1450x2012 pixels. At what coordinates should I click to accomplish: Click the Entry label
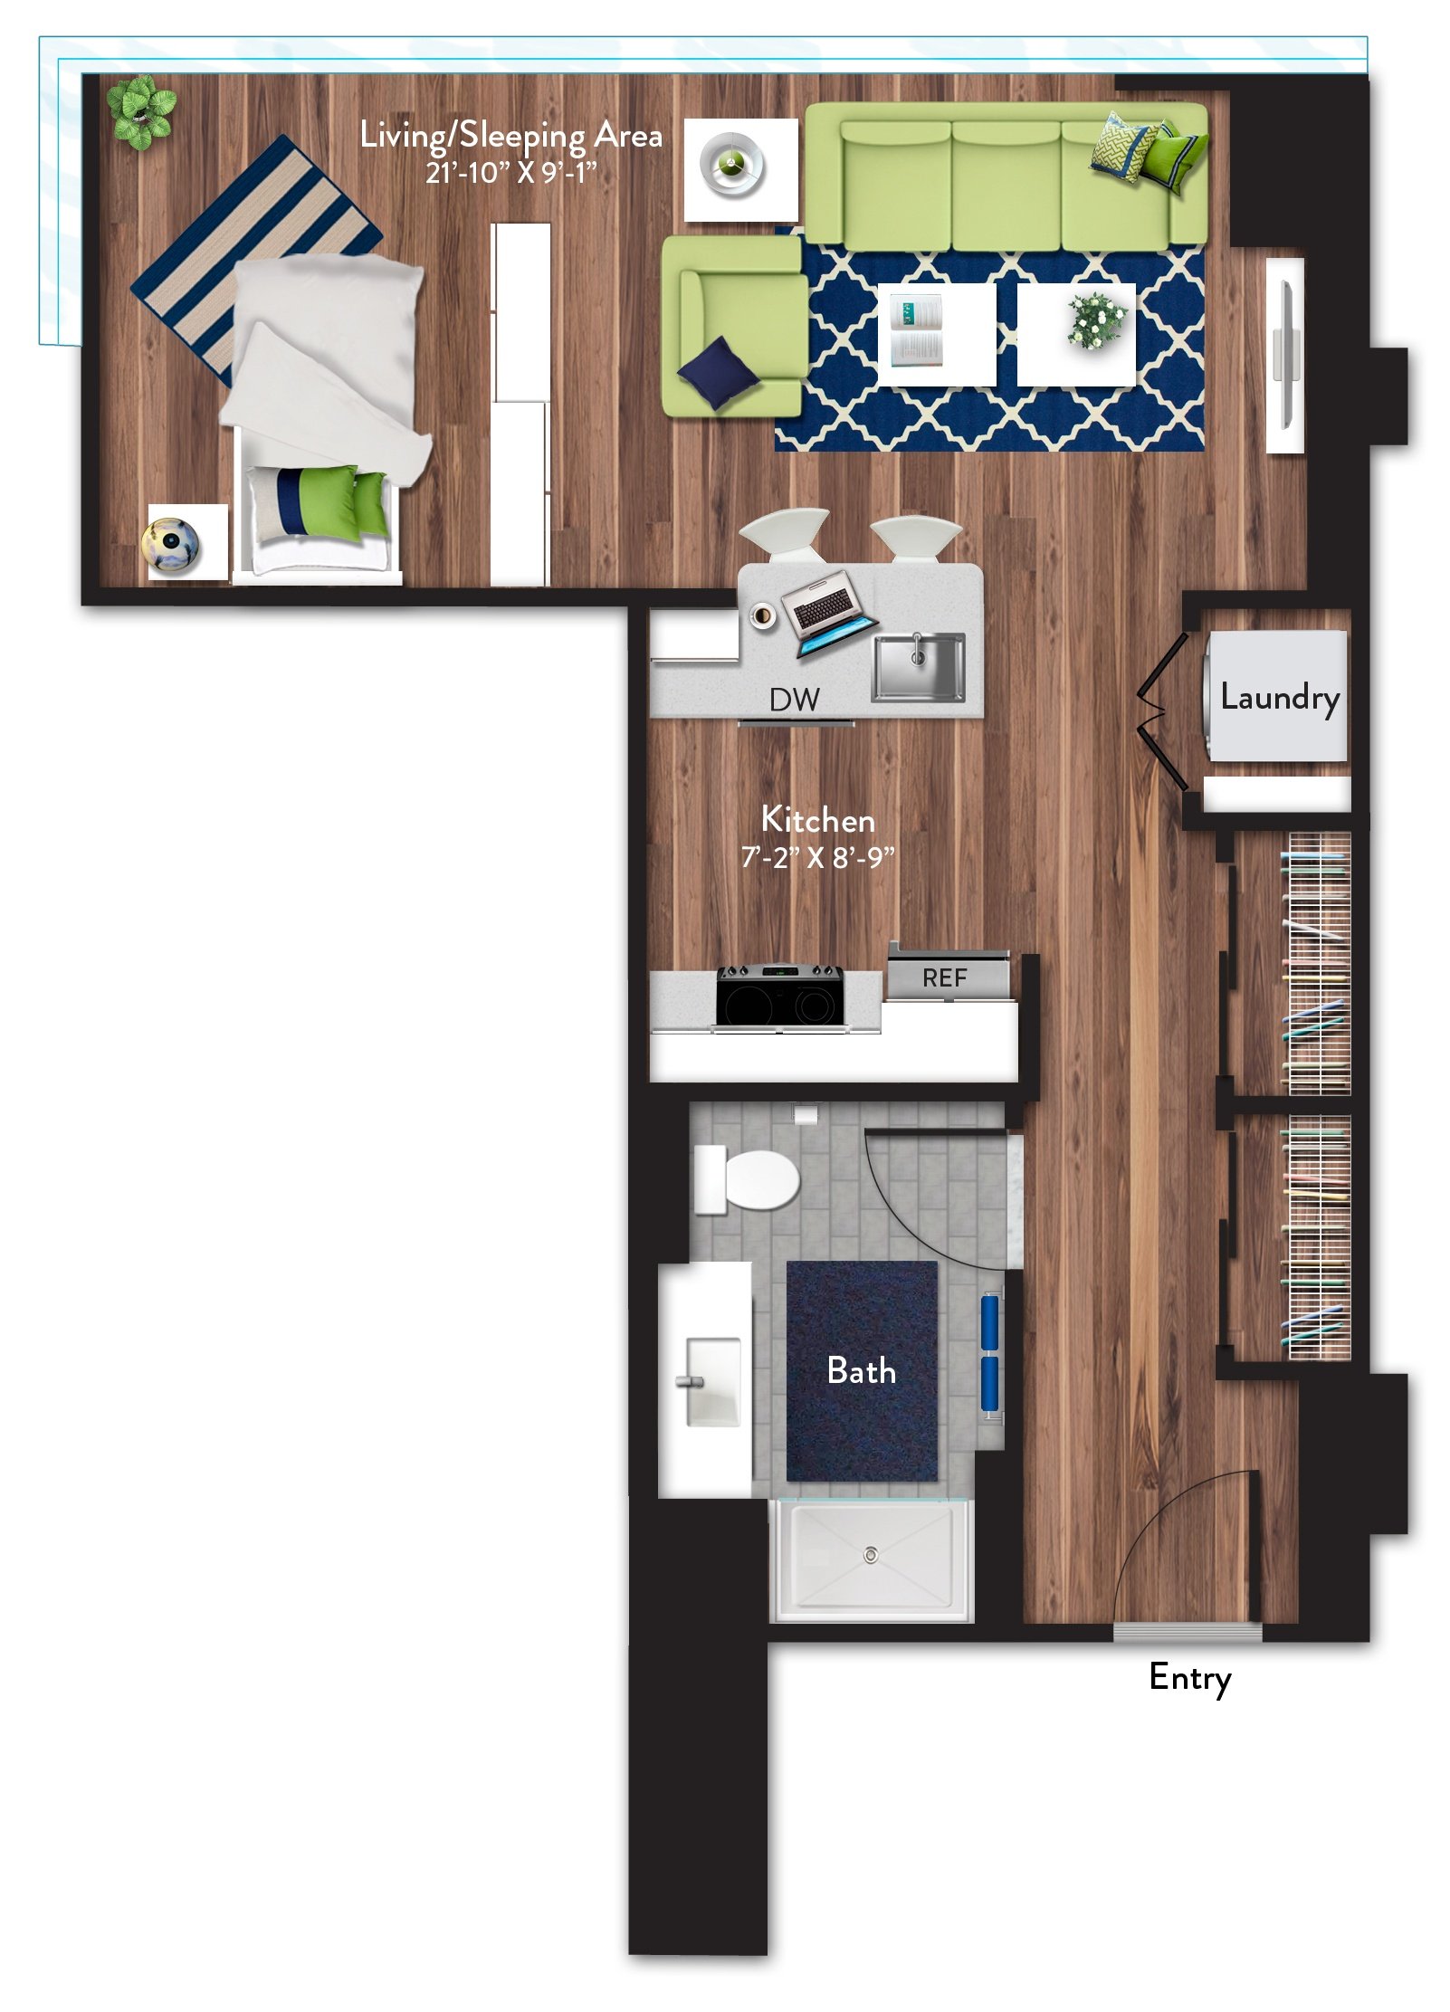[x=1189, y=1678]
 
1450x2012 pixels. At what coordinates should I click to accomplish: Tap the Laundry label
[x=1279, y=697]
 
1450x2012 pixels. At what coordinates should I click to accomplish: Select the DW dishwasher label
[x=794, y=700]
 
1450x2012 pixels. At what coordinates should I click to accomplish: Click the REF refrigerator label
[x=944, y=977]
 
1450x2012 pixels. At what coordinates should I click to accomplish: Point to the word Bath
[x=861, y=1370]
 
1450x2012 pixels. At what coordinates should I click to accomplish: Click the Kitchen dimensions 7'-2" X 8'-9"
[x=817, y=856]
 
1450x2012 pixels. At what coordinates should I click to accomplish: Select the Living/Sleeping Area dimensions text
[x=510, y=171]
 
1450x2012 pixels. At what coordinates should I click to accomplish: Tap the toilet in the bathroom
[x=747, y=1179]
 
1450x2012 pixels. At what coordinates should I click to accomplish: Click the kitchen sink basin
[x=918, y=667]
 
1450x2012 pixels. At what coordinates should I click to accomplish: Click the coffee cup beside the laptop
[x=763, y=616]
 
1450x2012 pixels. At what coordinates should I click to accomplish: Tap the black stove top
[x=780, y=996]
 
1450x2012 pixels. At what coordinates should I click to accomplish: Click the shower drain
[x=870, y=1555]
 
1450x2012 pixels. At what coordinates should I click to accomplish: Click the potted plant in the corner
[x=140, y=112]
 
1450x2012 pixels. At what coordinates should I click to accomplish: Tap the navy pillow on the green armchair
[x=718, y=372]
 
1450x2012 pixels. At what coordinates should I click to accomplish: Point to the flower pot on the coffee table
[x=1095, y=320]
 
